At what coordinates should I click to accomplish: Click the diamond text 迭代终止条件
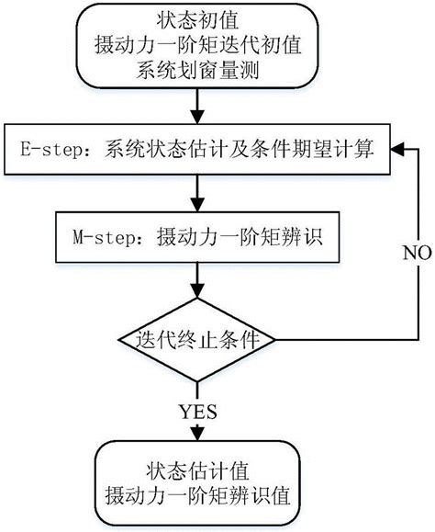[196, 340]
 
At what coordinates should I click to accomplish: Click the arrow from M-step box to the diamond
[196, 279]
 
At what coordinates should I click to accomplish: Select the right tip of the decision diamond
[276, 340]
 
